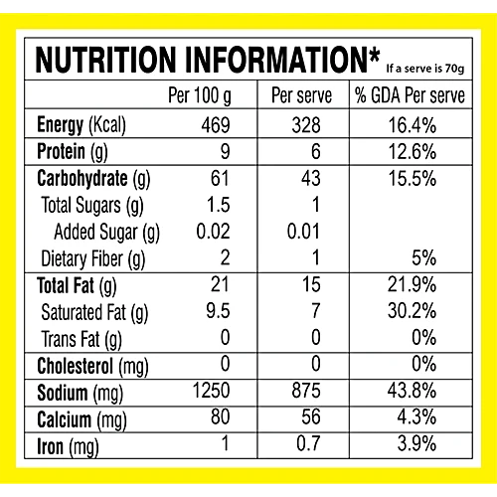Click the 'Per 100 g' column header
[x=200, y=96]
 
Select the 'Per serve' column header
[x=301, y=95]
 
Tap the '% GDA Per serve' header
[x=411, y=95]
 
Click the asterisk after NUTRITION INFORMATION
[x=374, y=56]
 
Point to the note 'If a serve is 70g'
[x=425, y=69]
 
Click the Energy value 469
[x=216, y=125]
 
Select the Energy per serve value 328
[x=306, y=125]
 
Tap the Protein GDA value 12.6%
[x=413, y=152]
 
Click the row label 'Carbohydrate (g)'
[x=93, y=179]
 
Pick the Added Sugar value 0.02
[x=213, y=232]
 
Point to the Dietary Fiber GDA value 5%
[x=424, y=257]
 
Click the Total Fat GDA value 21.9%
[x=412, y=284]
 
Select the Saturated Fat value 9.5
[x=218, y=311]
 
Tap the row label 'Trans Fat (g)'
[x=82, y=340]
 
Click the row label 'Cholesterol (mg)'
[x=92, y=367]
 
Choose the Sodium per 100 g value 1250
[x=212, y=391]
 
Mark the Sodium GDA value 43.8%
[x=412, y=391]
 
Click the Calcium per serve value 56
[x=311, y=416]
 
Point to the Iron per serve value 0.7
[x=308, y=443]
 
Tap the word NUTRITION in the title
[x=105, y=60]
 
